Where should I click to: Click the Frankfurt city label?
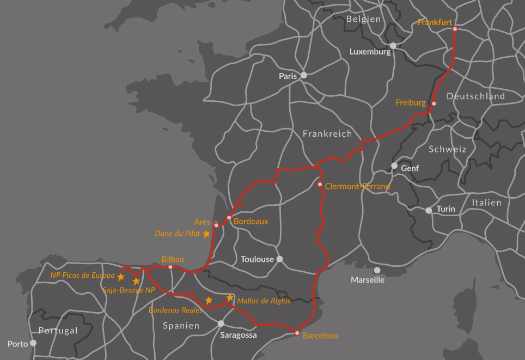point(435,22)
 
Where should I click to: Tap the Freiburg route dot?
point(434,103)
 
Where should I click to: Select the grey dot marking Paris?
point(304,75)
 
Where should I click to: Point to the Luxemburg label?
point(370,52)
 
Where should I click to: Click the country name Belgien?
point(363,19)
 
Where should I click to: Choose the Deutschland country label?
point(475,96)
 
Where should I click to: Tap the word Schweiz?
point(447,149)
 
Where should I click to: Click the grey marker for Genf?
point(394,166)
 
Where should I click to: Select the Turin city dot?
point(429,210)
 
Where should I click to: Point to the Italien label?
point(486,203)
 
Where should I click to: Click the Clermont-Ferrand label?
point(357,186)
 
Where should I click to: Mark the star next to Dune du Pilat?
point(206,234)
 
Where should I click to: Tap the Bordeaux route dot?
point(229,217)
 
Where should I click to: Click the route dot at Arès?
point(216,225)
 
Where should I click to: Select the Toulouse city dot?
point(280,259)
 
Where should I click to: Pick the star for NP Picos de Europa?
point(121,277)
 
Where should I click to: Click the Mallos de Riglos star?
point(230,298)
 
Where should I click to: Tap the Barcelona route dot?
point(297,333)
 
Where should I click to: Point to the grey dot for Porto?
point(33,343)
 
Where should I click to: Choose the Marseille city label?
point(368,280)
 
